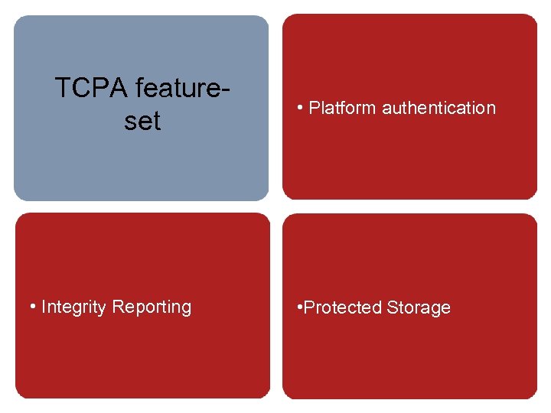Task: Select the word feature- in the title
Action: pyautogui.click(x=182, y=88)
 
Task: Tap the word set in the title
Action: pyautogui.click(x=142, y=120)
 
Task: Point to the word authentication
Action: pyautogui.click(x=439, y=108)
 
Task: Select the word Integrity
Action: pyautogui.click(x=74, y=307)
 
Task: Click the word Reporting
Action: pyautogui.click(x=152, y=307)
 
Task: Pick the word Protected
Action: pyautogui.click(x=343, y=307)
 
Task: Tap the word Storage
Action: pyautogui.click(x=419, y=307)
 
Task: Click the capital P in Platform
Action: pyautogui.click(x=314, y=108)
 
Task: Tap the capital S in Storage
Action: pyautogui.click(x=392, y=307)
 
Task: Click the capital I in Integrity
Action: pyautogui.click(x=44, y=307)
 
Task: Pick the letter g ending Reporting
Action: pyautogui.click(x=186, y=309)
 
